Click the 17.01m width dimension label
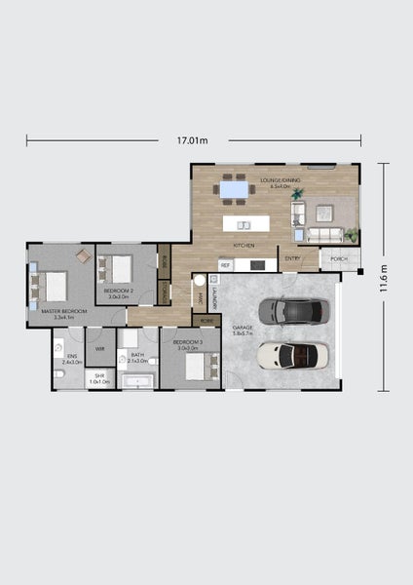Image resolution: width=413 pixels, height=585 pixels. click(x=193, y=140)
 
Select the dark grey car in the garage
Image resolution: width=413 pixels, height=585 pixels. click(x=294, y=311)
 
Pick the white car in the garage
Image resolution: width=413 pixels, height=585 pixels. click(x=292, y=355)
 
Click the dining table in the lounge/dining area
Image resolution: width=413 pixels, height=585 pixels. click(x=233, y=188)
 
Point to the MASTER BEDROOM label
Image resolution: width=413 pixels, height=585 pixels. click(x=63, y=313)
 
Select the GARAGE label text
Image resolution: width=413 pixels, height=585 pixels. click(x=243, y=328)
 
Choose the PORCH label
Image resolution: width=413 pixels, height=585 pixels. click(x=339, y=259)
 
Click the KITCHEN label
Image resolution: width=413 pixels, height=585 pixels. click(x=244, y=245)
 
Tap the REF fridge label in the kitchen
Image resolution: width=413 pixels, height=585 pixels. click(x=225, y=265)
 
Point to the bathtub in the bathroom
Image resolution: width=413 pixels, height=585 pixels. click(x=137, y=381)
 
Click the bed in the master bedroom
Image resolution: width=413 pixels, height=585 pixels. click(x=51, y=286)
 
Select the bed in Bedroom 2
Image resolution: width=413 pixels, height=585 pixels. click(x=118, y=266)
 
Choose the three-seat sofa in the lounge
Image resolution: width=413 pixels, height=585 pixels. click(x=324, y=234)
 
